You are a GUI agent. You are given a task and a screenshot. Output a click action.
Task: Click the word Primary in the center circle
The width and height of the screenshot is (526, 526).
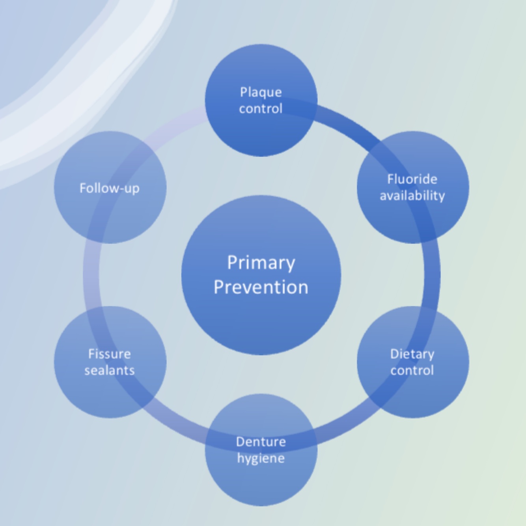tap(261, 263)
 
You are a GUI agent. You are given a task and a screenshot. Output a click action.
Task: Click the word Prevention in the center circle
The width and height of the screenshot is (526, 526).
tap(261, 287)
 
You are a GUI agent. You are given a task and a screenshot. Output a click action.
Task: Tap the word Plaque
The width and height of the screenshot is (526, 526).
tap(261, 92)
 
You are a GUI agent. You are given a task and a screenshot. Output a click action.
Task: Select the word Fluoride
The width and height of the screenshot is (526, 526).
tap(412, 179)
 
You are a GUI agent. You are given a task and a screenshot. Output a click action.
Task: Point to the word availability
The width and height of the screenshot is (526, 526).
tap(412, 196)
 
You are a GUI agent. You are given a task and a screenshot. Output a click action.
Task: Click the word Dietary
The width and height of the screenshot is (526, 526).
tap(412, 354)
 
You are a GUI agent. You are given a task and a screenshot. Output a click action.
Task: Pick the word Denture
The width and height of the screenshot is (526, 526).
tap(261, 442)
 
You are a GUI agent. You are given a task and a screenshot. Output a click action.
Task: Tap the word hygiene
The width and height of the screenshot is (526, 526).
tap(261, 458)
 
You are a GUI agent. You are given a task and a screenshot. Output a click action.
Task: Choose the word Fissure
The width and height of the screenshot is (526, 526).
tap(110, 354)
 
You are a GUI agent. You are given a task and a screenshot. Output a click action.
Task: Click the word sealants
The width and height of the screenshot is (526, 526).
tap(110, 370)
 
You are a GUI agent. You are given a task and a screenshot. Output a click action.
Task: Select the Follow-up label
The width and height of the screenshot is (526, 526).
tap(110, 188)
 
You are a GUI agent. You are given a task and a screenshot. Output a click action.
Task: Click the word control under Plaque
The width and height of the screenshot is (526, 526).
tap(261, 108)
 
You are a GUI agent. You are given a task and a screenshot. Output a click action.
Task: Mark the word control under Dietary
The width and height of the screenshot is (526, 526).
tap(412, 370)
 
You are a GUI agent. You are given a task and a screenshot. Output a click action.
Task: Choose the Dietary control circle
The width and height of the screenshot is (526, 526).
tap(412, 394)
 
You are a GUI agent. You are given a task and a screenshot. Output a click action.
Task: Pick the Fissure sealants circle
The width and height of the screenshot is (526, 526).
tap(110, 394)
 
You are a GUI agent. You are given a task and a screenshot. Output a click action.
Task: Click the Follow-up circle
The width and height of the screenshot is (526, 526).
tap(110, 217)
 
